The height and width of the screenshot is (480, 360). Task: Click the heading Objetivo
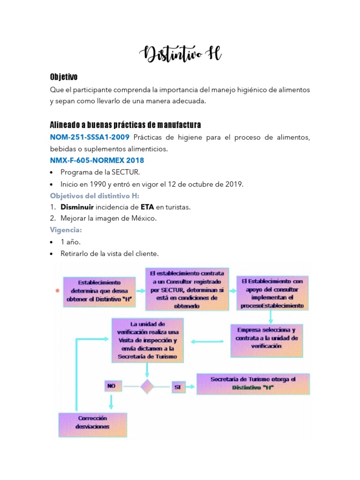(x=64, y=77)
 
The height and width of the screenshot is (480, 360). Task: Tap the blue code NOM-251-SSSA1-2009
(x=90, y=137)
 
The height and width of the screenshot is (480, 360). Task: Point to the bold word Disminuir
(x=77, y=207)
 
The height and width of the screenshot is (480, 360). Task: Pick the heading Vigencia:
(x=66, y=230)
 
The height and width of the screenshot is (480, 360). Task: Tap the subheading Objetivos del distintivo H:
(x=95, y=195)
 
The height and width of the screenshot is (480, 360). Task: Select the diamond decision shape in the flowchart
(x=147, y=387)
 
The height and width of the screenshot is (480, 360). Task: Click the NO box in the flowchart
(x=111, y=386)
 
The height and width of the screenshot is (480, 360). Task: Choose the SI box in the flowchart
(x=178, y=387)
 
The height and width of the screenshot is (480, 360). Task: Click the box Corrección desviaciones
(x=92, y=423)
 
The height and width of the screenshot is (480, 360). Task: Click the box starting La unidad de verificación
(x=147, y=340)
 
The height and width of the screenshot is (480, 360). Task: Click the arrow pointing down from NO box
(x=111, y=402)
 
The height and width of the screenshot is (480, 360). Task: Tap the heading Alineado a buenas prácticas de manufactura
(x=125, y=125)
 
